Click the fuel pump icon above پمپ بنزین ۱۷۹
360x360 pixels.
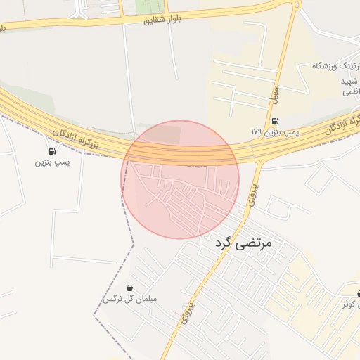(x=274, y=120)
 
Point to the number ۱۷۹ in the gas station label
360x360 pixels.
(x=255, y=131)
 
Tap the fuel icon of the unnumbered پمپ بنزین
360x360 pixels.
(x=52, y=151)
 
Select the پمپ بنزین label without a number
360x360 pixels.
(x=50, y=162)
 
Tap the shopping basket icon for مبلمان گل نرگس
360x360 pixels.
(x=130, y=288)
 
